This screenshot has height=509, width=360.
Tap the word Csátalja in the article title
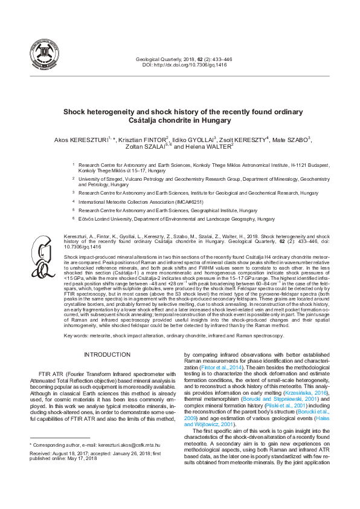click(x=146, y=120)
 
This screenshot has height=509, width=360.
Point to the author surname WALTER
click(x=216, y=146)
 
